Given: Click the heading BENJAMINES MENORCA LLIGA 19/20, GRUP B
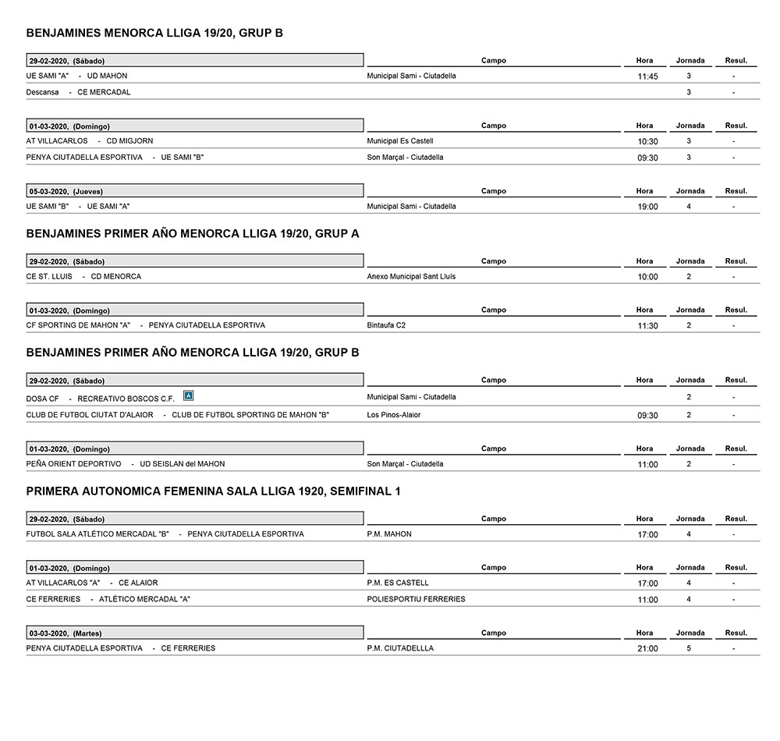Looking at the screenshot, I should click(x=154, y=33).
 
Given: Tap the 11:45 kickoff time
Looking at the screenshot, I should click(x=647, y=77).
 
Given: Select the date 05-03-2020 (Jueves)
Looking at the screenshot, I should click(x=66, y=191).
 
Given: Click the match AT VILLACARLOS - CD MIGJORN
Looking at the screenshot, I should click(x=90, y=141).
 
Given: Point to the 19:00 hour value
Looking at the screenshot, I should click(x=647, y=207).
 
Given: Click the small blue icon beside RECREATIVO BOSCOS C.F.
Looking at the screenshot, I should click(x=187, y=396).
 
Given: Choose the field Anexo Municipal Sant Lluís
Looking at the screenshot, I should click(x=411, y=276).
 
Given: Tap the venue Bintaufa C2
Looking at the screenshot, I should click(x=386, y=325).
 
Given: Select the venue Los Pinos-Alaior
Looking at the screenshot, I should click(x=394, y=415).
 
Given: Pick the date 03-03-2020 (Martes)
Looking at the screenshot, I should click(x=66, y=633).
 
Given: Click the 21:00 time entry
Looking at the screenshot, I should click(x=647, y=649).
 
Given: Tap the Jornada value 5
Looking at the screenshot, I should click(x=689, y=648).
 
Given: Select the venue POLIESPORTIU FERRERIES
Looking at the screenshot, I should click(x=416, y=599).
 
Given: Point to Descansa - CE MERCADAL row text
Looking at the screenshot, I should click(x=78, y=92).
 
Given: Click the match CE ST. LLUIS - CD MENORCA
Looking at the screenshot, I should click(x=83, y=276).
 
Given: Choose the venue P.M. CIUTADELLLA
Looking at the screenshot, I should click(x=400, y=648).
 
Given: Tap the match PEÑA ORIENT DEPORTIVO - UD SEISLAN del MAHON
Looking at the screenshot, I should click(x=126, y=464).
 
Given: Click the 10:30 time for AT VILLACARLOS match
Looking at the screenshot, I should click(x=647, y=142).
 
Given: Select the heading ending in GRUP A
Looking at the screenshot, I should click(x=192, y=233).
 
